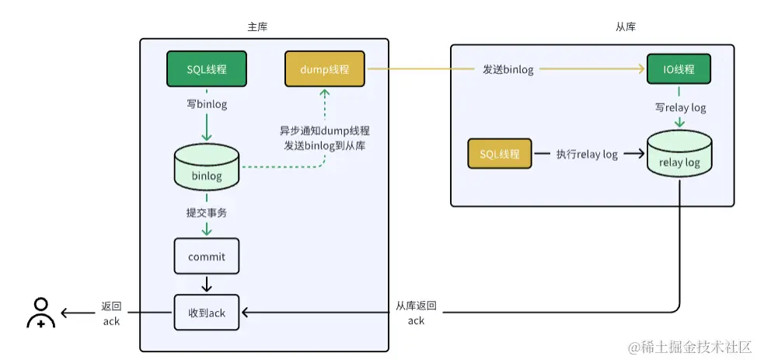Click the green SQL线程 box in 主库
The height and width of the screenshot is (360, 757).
pos(207,69)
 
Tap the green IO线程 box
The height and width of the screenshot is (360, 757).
pos(679,69)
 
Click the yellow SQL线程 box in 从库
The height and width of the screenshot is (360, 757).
pos(500,154)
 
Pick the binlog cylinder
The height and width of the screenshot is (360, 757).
pos(207,167)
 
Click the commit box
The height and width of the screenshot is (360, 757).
pos(207,257)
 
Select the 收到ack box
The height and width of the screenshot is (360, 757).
pos(207,313)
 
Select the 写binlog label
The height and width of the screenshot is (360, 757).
pos(207,104)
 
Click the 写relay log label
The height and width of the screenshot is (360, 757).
pos(680,107)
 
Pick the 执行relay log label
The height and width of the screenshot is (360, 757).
pos(587,154)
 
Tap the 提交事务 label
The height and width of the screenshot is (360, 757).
pos(206,212)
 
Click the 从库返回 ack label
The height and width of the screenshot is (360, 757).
pos(416,313)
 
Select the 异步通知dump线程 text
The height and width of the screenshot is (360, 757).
pos(324,131)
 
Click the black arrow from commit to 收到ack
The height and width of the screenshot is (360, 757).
pos(207,283)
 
